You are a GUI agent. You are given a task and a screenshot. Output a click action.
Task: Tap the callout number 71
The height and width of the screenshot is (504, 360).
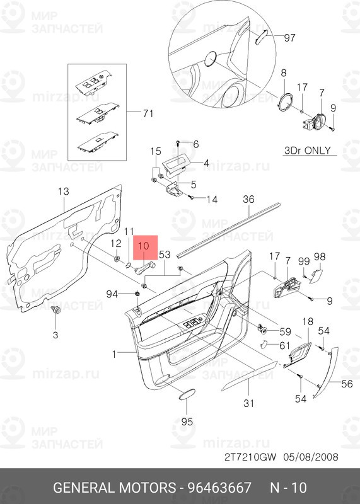(x=148, y=113)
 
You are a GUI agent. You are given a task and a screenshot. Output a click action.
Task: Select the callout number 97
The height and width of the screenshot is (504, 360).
(x=289, y=38)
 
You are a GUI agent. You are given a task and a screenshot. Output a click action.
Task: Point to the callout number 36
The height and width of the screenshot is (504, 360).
(x=248, y=200)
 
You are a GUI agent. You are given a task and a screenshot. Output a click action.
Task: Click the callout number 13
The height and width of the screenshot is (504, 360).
(x=64, y=191)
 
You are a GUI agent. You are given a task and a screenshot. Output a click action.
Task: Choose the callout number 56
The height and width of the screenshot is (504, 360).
(x=347, y=382)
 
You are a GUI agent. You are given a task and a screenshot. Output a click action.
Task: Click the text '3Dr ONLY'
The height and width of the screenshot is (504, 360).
(x=308, y=151)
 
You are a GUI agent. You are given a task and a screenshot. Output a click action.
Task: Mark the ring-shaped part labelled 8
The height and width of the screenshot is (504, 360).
(x=287, y=101)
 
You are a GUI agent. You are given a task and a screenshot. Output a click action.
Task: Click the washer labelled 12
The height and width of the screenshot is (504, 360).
(x=117, y=259)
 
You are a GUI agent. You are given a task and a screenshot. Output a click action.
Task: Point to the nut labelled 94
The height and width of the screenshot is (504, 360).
(x=137, y=294)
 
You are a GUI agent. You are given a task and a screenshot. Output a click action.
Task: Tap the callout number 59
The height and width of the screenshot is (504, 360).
(x=286, y=331)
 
